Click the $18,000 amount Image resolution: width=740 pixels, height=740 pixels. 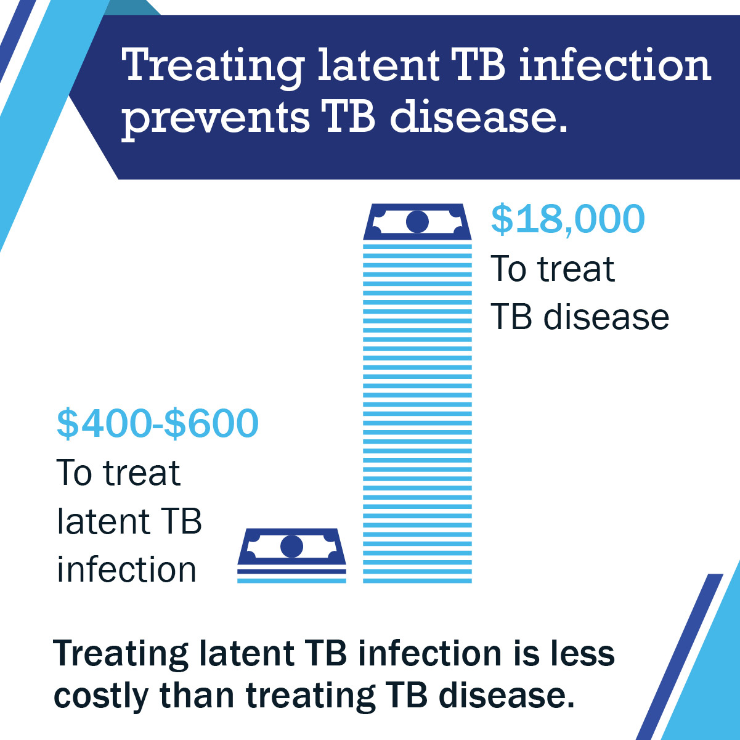tap(567, 219)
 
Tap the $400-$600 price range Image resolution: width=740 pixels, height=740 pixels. tap(158, 424)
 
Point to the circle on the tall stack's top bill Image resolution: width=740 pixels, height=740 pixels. tap(417, 222)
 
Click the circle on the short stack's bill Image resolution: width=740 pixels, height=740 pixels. tap(291, 547)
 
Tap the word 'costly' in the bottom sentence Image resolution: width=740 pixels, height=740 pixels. tap(101, 697)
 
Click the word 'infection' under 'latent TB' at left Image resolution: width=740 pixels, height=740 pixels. tap(126, 569)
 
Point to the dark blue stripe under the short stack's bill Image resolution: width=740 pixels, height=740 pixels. tap(291, 571)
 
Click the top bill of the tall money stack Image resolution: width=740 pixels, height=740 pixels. tap(417, 222)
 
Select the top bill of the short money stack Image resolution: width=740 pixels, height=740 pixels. tap(291, 547)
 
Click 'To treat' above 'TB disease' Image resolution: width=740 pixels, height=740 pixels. tap(553, 269)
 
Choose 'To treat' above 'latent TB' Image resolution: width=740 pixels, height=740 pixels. tap(118, 473)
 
